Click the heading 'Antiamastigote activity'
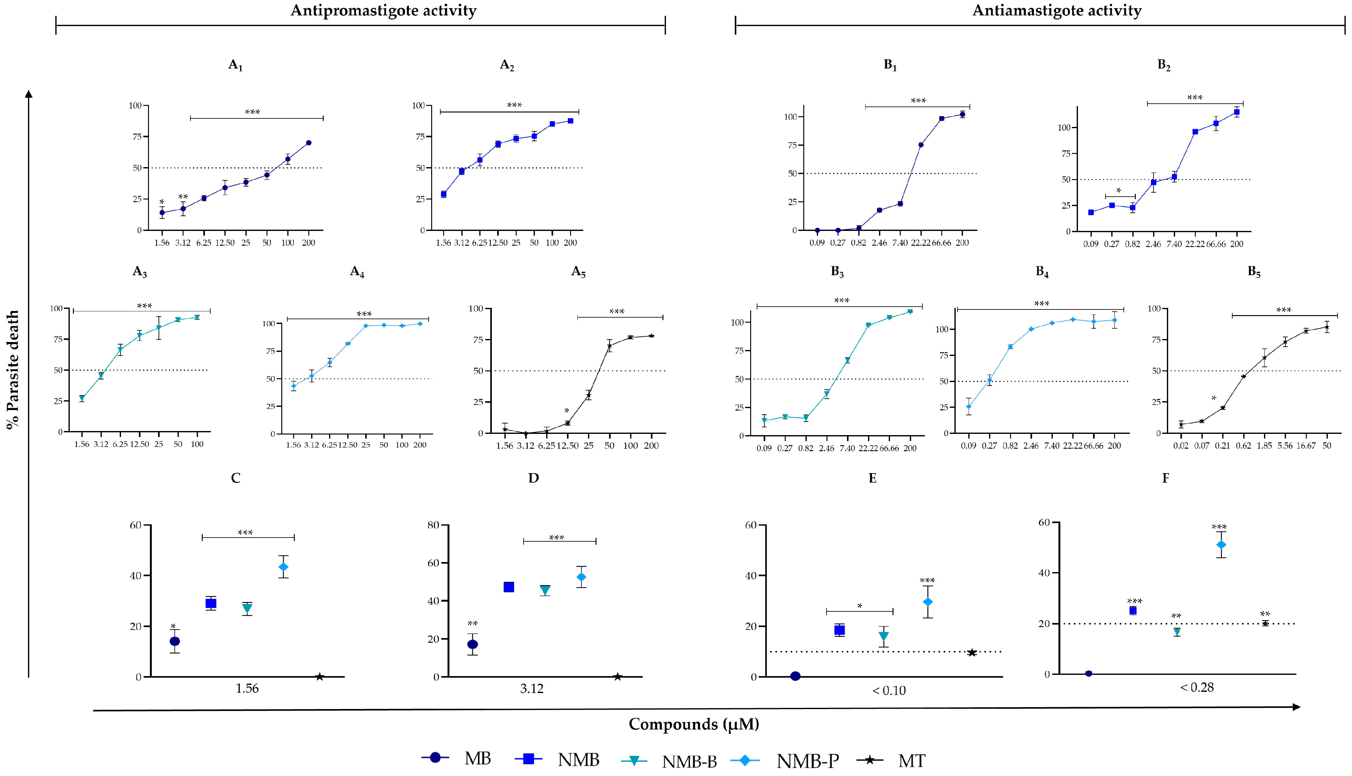(x=1057, y=11)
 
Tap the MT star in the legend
(x=870, y=759)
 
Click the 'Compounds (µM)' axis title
(x=694, y=724)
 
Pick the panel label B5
(x=1254, y=272)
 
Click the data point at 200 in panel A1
(x=309, y=143)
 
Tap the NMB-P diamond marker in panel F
(x=1221, y=545)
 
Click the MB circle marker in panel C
(x=174, y=641)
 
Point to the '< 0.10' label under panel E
(x=889, y=691)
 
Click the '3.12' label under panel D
(x=531, y=689)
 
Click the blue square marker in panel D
(x=508, y=587)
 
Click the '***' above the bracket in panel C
(x=245, y=533)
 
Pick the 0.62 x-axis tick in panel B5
(x=1243, y=445)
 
